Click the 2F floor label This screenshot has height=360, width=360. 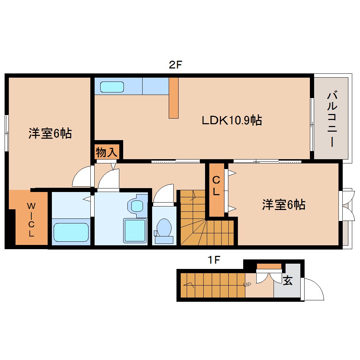175,65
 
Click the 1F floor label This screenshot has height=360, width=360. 214,260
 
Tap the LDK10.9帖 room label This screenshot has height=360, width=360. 232,121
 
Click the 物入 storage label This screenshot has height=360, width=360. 106,152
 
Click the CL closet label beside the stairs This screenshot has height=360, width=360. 216,186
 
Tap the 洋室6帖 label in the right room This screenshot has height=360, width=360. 283,205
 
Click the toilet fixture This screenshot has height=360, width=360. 164,229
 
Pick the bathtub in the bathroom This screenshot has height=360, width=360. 71,232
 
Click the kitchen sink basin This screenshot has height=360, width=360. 112,87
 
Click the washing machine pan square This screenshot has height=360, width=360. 134,230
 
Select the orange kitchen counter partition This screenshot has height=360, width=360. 174,98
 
